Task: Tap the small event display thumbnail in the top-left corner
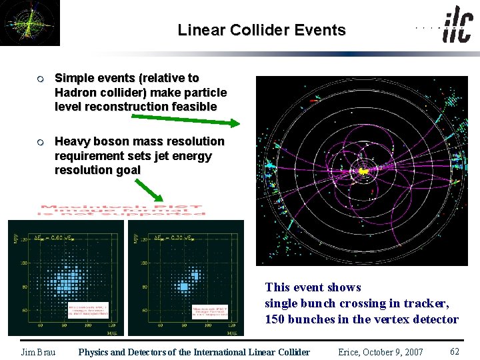tap(29, 23)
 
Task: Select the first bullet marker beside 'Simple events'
tap(40, 79)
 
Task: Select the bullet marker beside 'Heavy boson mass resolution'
tap(40, 141)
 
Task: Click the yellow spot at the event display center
tap(364, 171)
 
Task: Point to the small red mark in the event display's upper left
tap(312, 101)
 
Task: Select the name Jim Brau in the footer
tap(38, 352)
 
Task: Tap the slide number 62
tap(455, 351)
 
